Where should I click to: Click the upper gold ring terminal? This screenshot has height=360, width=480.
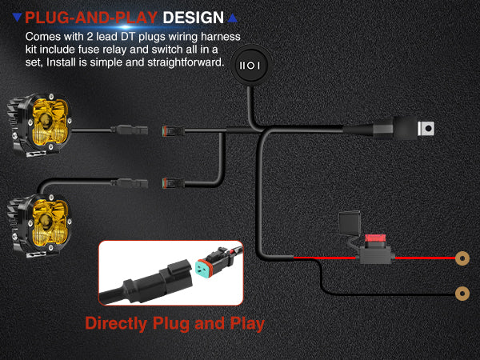[x=461, y=258]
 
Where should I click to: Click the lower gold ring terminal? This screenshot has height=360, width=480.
[x=461, y=294]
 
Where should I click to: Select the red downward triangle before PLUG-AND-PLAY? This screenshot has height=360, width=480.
[x=17, y=17]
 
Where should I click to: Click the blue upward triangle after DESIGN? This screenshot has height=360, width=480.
[x=232, y=17]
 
